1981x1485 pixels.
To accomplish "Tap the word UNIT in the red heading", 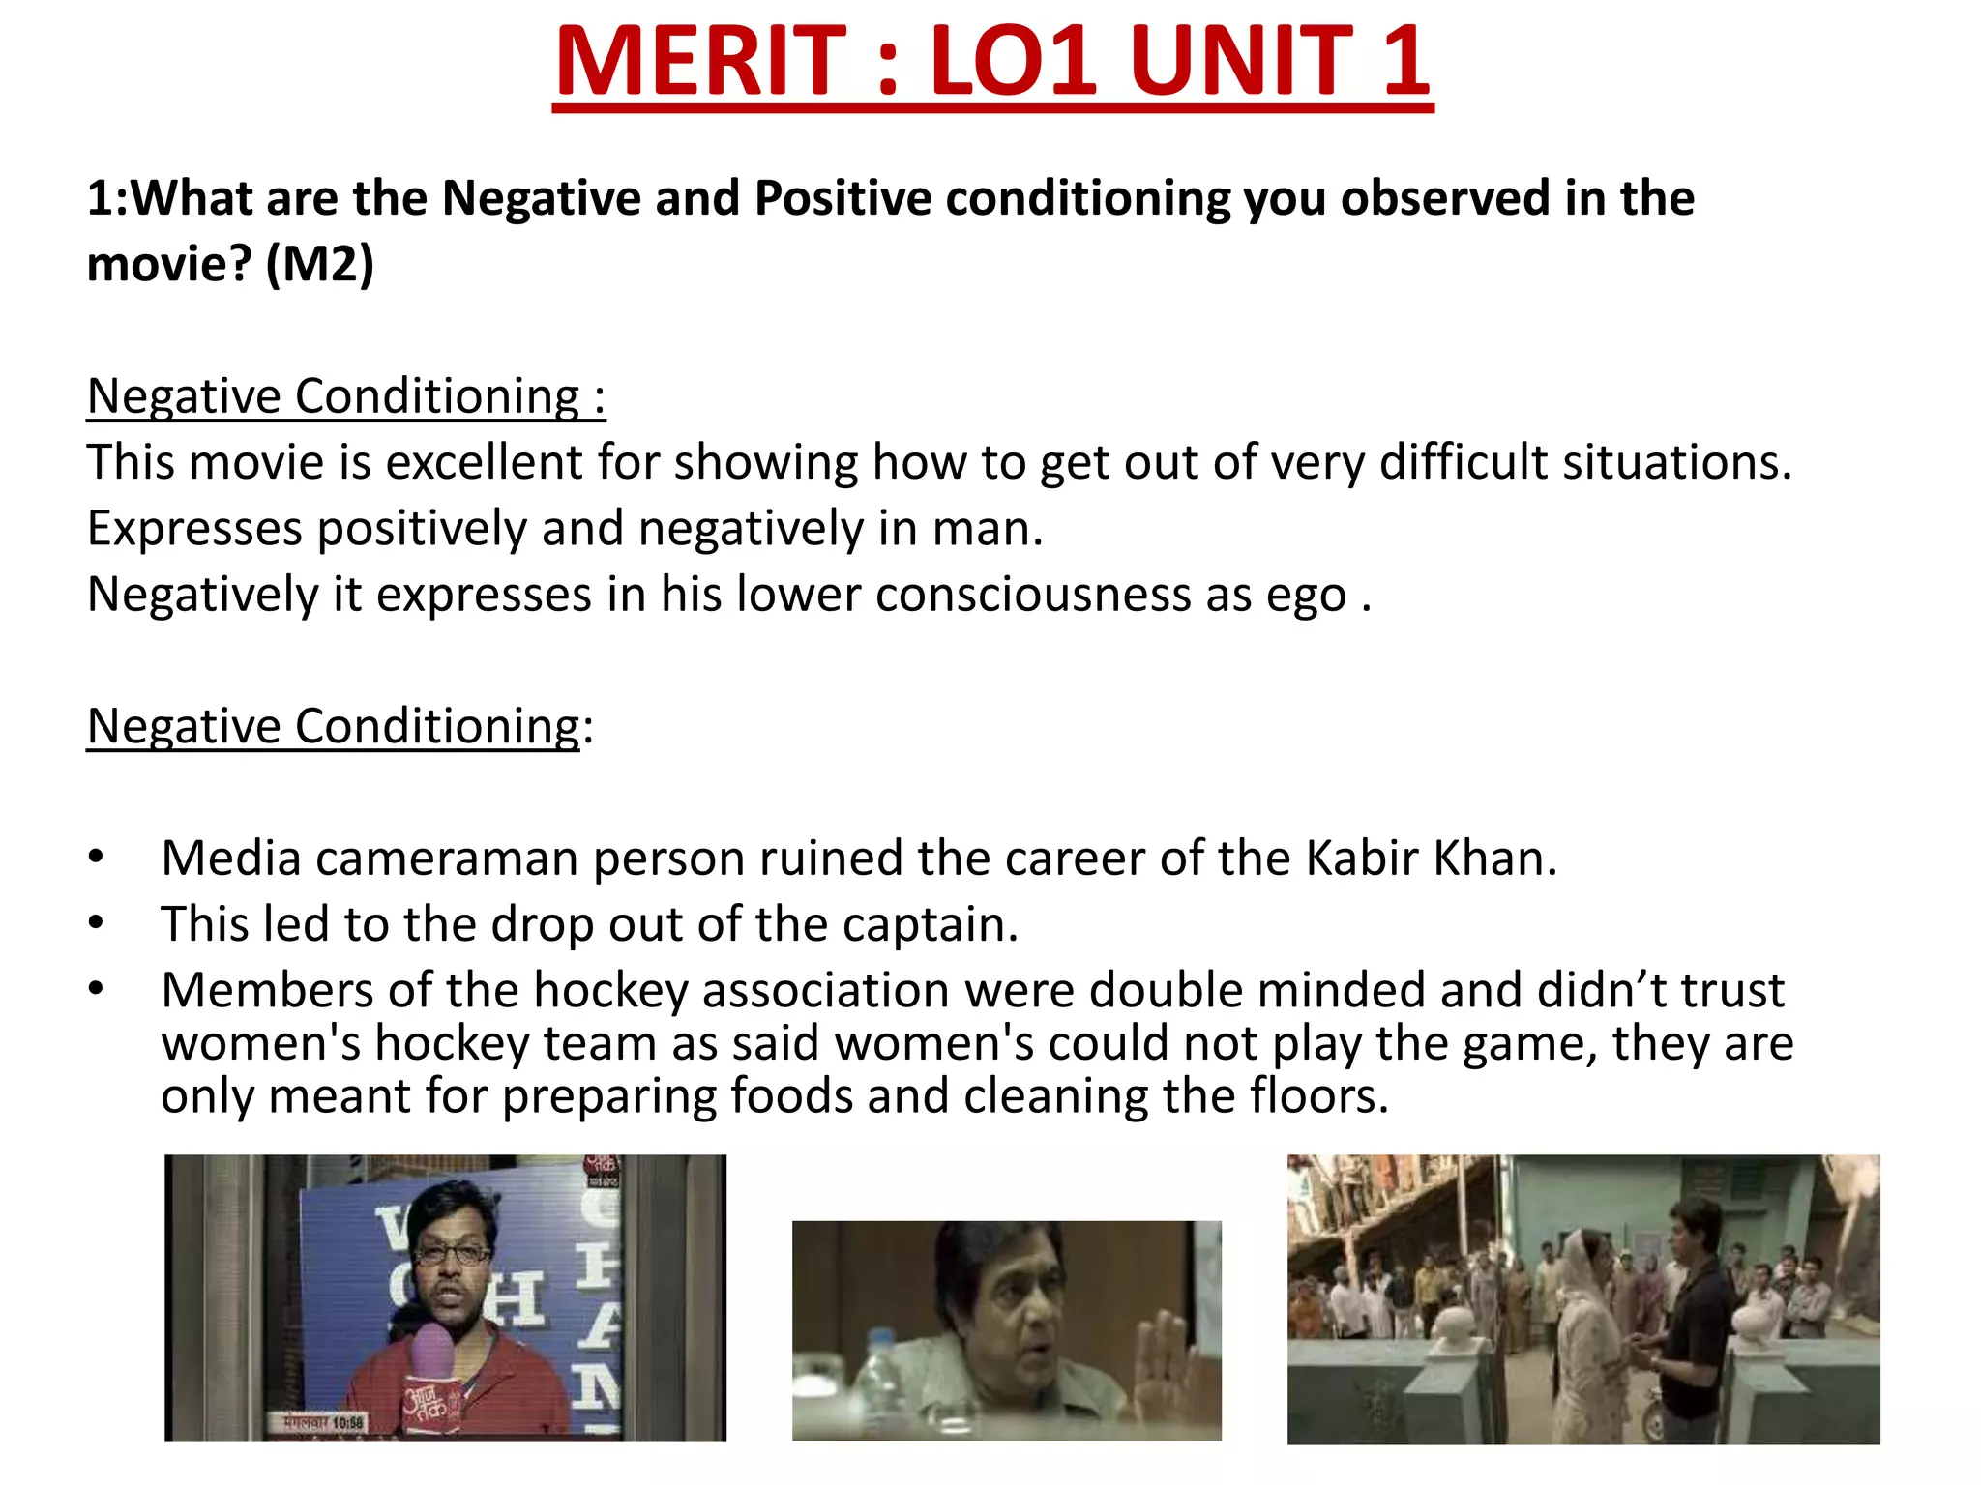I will (x=1243, y=62).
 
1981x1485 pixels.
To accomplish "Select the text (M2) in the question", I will (x=319, y=264).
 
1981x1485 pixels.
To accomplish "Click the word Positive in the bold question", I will (x=842, y=198).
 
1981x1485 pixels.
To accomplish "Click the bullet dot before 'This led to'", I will (x=95, y=923).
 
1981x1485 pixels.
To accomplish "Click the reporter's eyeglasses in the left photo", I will (x=451, y=1255).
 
